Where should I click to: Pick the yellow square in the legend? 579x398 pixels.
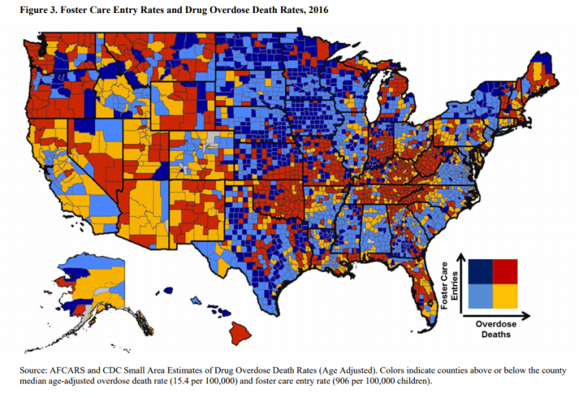[505, 296]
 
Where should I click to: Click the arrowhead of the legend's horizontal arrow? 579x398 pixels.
[530, 316]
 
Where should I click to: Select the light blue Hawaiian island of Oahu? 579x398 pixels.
[196, 298]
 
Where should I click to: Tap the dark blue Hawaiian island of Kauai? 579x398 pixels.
[168, 290]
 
